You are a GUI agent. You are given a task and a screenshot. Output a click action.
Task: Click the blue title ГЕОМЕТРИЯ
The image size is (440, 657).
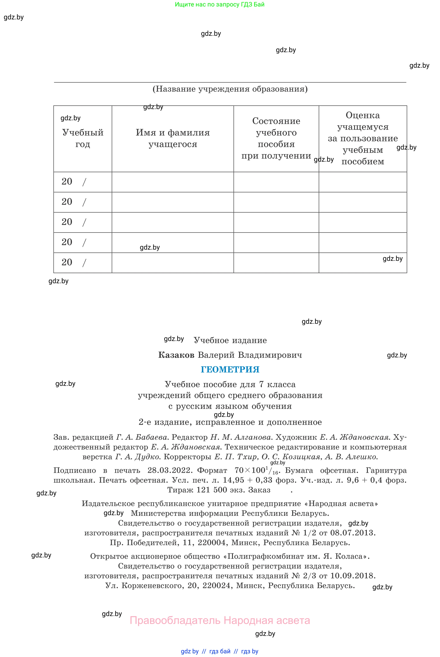[230, 369]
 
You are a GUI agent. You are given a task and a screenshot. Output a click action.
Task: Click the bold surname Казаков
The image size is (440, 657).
[176, 355]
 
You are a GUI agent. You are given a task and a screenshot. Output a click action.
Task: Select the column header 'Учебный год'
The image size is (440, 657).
[83, 138]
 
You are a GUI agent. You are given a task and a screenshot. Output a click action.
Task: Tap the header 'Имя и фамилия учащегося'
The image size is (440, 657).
[173, 138]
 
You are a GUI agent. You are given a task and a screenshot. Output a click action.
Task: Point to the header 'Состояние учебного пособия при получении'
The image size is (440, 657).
[276, 138]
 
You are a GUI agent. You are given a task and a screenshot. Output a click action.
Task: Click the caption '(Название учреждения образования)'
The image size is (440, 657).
[230, 89]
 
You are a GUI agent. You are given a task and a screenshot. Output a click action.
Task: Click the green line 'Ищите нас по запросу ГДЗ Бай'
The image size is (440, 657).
[219, 5]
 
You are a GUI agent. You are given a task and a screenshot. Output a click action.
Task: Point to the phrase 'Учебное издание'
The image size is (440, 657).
[230, 340]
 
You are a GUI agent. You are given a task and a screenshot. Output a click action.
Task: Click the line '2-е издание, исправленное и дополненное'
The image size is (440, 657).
[230, 422]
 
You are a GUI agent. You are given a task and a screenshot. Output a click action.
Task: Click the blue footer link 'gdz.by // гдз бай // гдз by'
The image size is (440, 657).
[219, 651]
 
